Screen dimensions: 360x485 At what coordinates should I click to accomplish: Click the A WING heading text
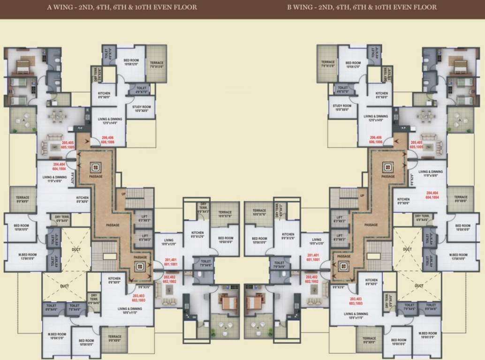[x=122, y=7]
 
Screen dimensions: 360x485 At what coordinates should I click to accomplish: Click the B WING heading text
[x=362, y=7]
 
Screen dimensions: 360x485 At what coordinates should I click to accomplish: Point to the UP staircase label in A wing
[x=124, y=194]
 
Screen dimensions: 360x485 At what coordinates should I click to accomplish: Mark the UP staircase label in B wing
[x=362, y=195]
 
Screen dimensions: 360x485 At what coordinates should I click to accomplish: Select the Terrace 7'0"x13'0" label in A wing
[x=157, y=65]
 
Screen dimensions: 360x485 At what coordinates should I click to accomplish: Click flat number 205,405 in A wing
[x=68, y=145]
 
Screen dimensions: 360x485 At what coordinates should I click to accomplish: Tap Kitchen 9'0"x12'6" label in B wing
[x=288, y=236]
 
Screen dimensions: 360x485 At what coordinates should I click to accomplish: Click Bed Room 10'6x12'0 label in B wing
[x=353, y=65]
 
